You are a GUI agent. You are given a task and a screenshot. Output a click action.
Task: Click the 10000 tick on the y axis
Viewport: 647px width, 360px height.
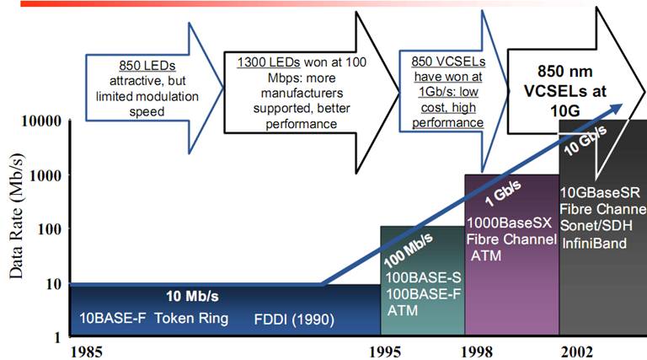40,121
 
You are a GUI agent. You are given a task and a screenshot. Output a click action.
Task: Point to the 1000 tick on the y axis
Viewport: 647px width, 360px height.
45,175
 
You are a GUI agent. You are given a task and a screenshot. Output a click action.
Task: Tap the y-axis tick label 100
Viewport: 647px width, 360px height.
49,229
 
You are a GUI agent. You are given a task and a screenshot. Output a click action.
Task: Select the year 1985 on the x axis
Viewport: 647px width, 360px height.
86,352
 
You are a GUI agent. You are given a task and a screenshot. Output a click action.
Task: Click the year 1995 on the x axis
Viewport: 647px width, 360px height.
384,352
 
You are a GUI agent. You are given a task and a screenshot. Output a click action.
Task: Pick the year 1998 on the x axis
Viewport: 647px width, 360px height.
477,352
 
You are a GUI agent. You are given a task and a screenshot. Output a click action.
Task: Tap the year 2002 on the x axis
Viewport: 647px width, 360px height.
576,352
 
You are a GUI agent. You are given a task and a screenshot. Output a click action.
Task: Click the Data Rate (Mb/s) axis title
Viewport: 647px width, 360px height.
17,216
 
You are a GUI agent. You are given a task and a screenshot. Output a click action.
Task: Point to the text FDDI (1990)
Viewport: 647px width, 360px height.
294,320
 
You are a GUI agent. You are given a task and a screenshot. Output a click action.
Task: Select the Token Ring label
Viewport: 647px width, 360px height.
191,319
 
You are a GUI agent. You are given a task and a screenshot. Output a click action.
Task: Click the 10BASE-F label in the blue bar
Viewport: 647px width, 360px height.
113,319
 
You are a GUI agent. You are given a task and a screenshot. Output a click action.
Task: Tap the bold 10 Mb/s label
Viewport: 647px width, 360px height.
192,296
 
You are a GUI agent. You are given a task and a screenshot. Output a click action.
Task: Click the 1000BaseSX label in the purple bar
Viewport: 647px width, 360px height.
509,223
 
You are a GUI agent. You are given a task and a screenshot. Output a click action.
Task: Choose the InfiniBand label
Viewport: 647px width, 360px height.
594,243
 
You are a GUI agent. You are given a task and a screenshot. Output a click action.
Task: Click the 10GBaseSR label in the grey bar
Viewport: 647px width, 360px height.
600,193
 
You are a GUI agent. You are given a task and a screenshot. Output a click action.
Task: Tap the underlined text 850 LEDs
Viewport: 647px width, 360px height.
147,66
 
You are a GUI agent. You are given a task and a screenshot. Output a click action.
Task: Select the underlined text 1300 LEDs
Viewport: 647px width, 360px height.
268,62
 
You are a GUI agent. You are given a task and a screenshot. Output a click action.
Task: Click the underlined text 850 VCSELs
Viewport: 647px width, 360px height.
448,62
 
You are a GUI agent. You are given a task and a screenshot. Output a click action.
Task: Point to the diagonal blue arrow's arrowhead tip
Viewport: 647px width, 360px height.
623,104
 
